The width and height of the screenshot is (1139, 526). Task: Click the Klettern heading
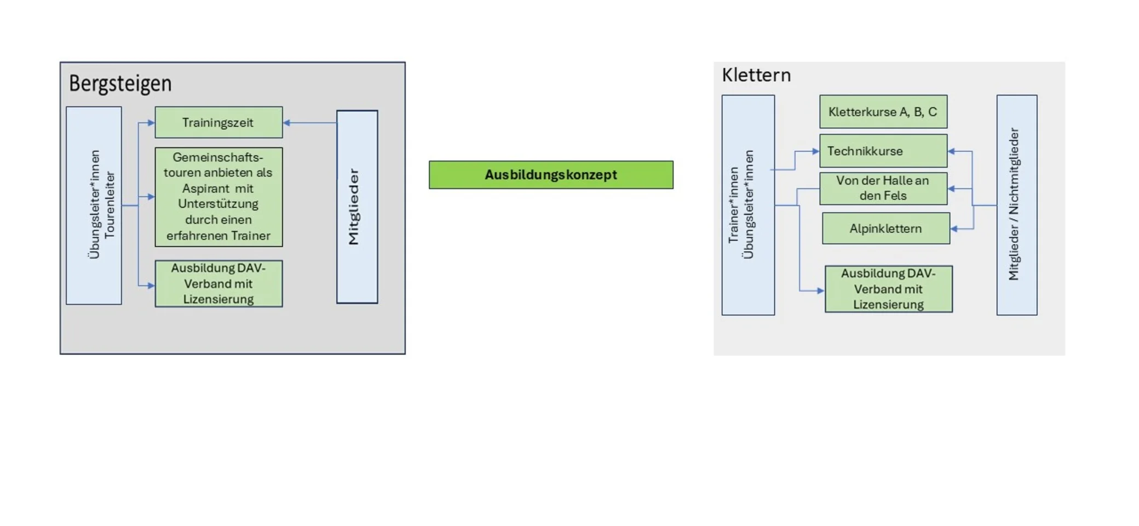pos(756,75)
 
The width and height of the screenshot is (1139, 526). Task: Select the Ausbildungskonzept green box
pos(551,175)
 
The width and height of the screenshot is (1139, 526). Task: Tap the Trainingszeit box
pos(218,122)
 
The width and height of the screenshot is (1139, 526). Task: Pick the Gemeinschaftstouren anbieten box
pos(218,197)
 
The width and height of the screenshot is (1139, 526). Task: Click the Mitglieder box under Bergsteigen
pos(357,207)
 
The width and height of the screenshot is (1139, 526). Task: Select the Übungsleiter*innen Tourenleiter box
pos(94,205)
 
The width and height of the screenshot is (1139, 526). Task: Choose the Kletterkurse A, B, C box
pos(883,112)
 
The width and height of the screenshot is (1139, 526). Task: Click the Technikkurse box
pos(883,151)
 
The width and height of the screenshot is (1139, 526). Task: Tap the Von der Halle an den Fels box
pos(883,188)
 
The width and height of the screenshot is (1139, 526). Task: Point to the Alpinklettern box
pos(885,228)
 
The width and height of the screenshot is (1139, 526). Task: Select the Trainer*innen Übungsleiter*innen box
pos(747,205)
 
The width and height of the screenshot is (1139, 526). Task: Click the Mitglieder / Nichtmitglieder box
pos(1016,205)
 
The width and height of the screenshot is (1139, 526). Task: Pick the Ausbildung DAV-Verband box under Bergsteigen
pos(218,284)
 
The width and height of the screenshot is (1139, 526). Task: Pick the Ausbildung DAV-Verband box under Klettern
pos(888,289)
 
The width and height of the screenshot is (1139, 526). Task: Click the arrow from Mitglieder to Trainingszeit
pos(310,123)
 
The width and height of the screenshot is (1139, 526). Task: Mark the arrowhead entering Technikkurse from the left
pos(816,151)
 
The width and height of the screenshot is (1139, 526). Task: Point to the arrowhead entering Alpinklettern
pos(954,228)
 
